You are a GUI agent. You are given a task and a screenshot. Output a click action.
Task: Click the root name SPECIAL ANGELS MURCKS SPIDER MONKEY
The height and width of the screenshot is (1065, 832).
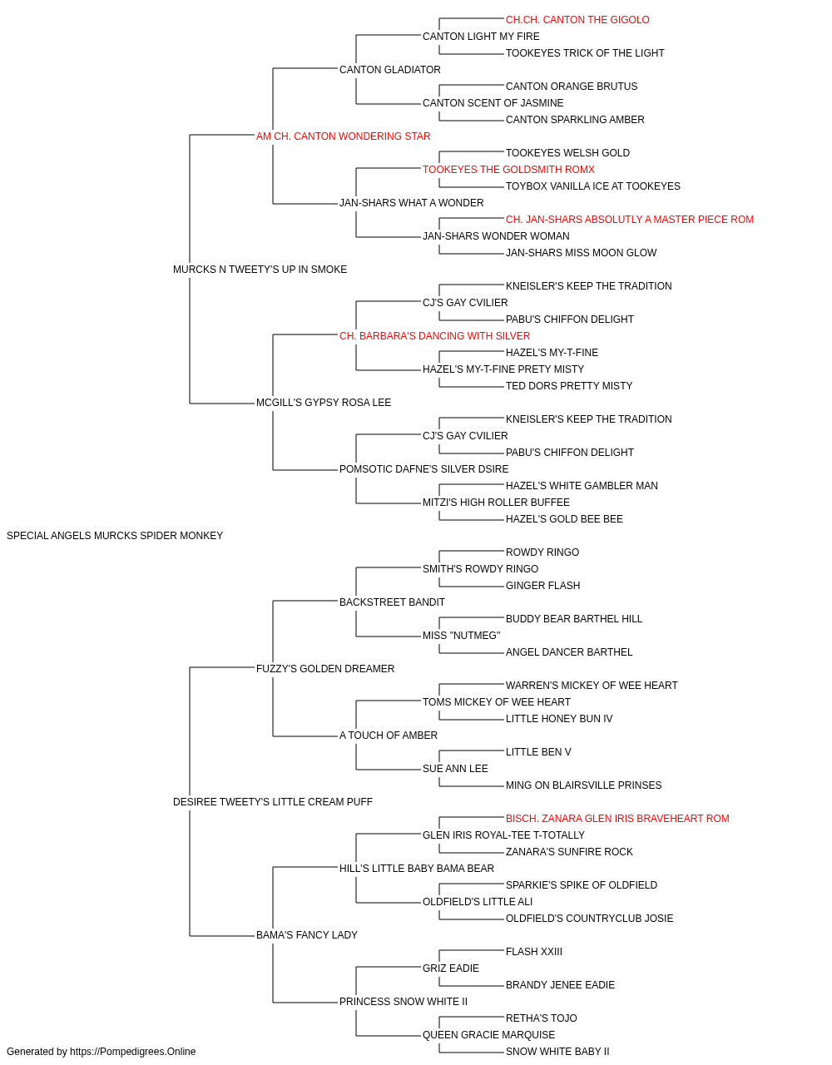[x=115, y=536]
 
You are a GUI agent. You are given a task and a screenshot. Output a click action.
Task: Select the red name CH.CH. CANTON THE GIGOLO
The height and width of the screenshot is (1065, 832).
[x=577, y=20]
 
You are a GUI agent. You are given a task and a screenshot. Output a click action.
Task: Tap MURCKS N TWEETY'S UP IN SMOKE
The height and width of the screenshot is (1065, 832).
[x=260, y=269]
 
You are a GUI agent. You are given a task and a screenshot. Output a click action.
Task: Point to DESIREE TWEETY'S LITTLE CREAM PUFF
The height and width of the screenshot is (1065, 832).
[x=272, y=802]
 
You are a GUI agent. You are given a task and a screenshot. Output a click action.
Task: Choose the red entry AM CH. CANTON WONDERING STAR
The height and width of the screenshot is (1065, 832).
[x=343, y=136]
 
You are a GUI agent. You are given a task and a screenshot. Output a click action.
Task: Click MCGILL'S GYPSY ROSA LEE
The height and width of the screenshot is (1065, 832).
[x=324, y=403]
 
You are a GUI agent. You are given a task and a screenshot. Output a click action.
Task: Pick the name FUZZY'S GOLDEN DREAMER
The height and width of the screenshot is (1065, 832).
[x=324, y=668]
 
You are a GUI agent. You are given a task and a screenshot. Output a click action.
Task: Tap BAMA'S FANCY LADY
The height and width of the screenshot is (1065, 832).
[x=307, y=934]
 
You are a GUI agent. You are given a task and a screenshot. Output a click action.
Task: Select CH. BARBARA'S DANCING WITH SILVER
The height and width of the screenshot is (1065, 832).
[x=434, y=335]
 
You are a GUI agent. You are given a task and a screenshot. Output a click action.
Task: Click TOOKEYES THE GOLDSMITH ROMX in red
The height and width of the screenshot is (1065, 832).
[x=508, y=170]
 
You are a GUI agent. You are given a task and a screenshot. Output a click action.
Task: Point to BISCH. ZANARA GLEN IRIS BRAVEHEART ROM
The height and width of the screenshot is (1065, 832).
[x=617, y=819]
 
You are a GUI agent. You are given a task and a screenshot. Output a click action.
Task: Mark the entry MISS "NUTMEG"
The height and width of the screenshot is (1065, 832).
[x=461, y=635]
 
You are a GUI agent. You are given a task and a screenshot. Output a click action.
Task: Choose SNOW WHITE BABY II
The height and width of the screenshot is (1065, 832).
[x=557, y=1052]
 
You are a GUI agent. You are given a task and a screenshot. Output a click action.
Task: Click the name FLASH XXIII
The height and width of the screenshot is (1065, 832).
[x=533, y=951]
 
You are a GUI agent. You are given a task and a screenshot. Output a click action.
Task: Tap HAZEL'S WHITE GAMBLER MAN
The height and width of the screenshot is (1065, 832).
[x=582, y=486]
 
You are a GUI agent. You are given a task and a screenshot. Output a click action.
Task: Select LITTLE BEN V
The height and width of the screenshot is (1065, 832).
[x=538, y=752]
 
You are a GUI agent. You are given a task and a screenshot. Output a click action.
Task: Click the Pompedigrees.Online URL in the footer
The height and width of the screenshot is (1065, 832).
[x=132, y=1052]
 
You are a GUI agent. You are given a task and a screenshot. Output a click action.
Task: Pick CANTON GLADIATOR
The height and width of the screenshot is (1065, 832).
[x=390, y=70]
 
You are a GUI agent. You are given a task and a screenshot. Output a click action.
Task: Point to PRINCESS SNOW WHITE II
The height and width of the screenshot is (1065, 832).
[x=404, y=1001]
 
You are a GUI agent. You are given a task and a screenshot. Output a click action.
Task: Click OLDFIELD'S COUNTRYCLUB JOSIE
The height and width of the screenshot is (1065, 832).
[x=589, y=918]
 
